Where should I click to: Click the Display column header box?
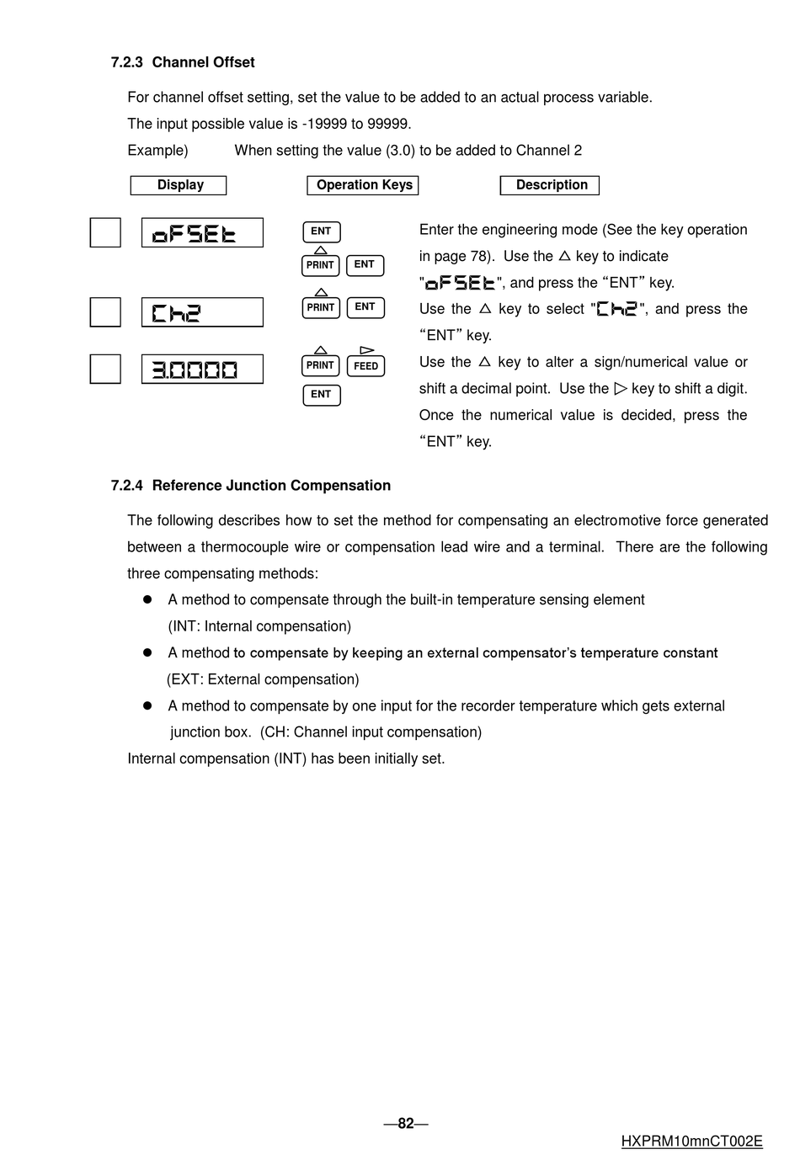(179, 185)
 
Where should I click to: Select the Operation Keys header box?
(363, 185)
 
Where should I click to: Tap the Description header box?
(550, 185)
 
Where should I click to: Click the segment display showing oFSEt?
(202, 233)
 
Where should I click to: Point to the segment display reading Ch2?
(202, 312)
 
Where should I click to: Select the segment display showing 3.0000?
(202, 370)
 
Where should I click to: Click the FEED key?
(365, 366)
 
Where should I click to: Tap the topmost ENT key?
(321, 231)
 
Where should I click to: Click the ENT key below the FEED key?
(321, 395)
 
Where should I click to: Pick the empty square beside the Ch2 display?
(105, 312)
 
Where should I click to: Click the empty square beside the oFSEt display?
(105, 233)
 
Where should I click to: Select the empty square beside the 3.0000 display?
(105, 370)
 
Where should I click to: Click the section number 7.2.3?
(126, 62)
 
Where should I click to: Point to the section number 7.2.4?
(126, 486)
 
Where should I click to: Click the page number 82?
(406, 1124)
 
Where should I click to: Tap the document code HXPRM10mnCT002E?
(691, 1142)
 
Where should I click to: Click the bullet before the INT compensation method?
(147, 600)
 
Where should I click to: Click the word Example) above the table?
(157, 151)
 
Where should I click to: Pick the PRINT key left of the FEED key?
(320, 366)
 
